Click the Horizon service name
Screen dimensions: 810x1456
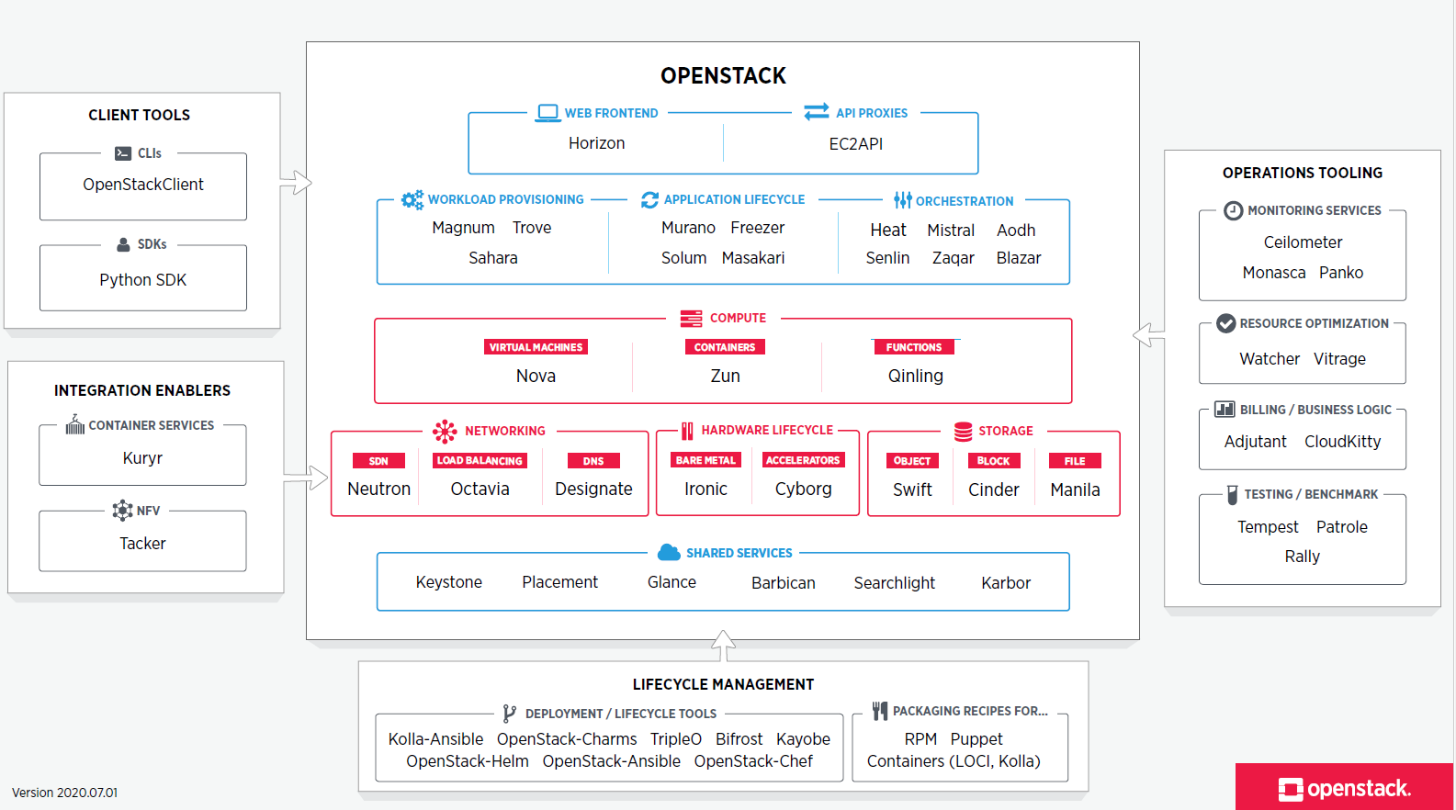596,143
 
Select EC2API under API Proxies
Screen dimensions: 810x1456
855,144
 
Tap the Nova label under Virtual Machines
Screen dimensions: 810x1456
536,376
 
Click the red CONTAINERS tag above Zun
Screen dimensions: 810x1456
724,347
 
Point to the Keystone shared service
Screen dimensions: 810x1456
448,582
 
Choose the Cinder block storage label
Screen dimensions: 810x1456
993,489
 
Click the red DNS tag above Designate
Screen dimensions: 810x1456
593,461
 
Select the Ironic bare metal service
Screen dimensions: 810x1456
705,489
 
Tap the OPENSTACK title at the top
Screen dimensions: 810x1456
723,75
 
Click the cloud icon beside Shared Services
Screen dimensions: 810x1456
669,552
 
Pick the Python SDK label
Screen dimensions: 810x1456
143,280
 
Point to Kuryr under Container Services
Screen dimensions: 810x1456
142,458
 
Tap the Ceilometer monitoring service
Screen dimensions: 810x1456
1303,242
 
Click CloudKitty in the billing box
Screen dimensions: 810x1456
1342,442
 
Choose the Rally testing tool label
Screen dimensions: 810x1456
1302,557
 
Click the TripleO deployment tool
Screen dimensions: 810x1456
675,739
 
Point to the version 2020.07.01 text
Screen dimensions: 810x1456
64,793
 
